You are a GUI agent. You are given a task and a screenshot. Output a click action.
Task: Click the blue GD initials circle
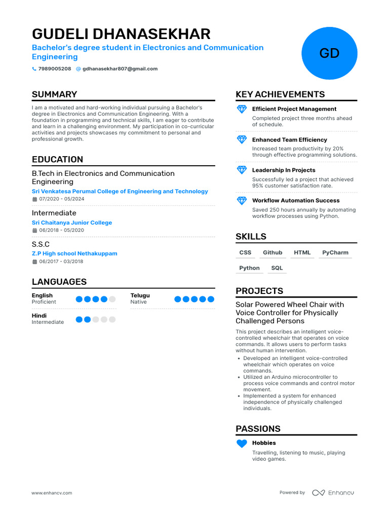coord(329,53)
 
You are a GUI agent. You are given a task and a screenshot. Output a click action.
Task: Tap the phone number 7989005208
coord(54,69)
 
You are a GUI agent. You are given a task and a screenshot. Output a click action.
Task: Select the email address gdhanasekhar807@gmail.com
coord(120,69)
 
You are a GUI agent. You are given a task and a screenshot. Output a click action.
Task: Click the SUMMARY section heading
coord(54,94)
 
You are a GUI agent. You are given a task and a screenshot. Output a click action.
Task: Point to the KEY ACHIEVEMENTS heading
coord(280,94)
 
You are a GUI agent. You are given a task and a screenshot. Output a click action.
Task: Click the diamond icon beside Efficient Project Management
coord(242,109)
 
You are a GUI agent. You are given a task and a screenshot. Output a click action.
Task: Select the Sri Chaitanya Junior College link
coord(72,223)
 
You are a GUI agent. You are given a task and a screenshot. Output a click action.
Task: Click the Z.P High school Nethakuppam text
coord(74,253)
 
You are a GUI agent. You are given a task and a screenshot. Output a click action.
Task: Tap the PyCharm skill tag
coord(335,252)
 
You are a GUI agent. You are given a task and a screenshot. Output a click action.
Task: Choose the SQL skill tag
coord(277,268)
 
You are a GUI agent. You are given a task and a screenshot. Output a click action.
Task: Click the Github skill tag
coord(273,252)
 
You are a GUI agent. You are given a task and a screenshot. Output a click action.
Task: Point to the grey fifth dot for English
coord(112,299)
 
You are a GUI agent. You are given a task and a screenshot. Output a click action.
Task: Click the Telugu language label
coord(140,295)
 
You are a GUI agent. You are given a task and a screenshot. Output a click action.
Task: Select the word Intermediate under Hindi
coord(48,322)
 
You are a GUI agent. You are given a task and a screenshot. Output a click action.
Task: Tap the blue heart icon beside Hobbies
coord(242,443)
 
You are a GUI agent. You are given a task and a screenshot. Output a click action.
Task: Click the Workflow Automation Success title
coord(296,201)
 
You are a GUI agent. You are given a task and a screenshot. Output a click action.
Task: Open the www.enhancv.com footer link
coord(52,493)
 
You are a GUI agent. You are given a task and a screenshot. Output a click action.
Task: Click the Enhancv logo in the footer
coord(333,493)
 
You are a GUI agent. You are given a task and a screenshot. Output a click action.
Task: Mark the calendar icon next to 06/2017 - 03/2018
coord(34,262)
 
